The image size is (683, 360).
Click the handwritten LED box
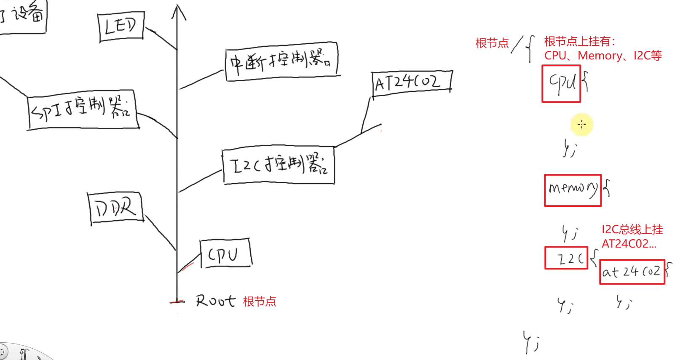(x=121, y=27)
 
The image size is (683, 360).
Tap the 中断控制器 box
(x=281, y=61)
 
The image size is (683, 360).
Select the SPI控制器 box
(x=83, y=110)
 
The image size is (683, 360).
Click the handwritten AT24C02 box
(x=411, y=83)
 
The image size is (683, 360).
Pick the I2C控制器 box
(x=279, y=165)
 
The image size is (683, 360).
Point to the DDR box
(x=116, y=208)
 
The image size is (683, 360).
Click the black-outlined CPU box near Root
(x=225, y=253)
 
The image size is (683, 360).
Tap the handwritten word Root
(x=215, y=301)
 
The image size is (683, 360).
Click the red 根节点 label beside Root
(x=260, y=301)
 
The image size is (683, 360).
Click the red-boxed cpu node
(x=561, y=84)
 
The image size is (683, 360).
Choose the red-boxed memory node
(x=573, y=190)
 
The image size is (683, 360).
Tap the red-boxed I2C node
(x=566, y=258)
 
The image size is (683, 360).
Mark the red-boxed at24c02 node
(x=632, y=272)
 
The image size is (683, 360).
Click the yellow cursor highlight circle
(x=582, y=124)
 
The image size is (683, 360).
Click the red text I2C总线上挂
(x=632, y=229)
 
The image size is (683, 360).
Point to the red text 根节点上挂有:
(x=580, y=42)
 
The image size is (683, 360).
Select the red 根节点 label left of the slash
(x=492, y=43)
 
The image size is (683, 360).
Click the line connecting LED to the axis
(x=161, y=39)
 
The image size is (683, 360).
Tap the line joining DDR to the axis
(x=160, y=233)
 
